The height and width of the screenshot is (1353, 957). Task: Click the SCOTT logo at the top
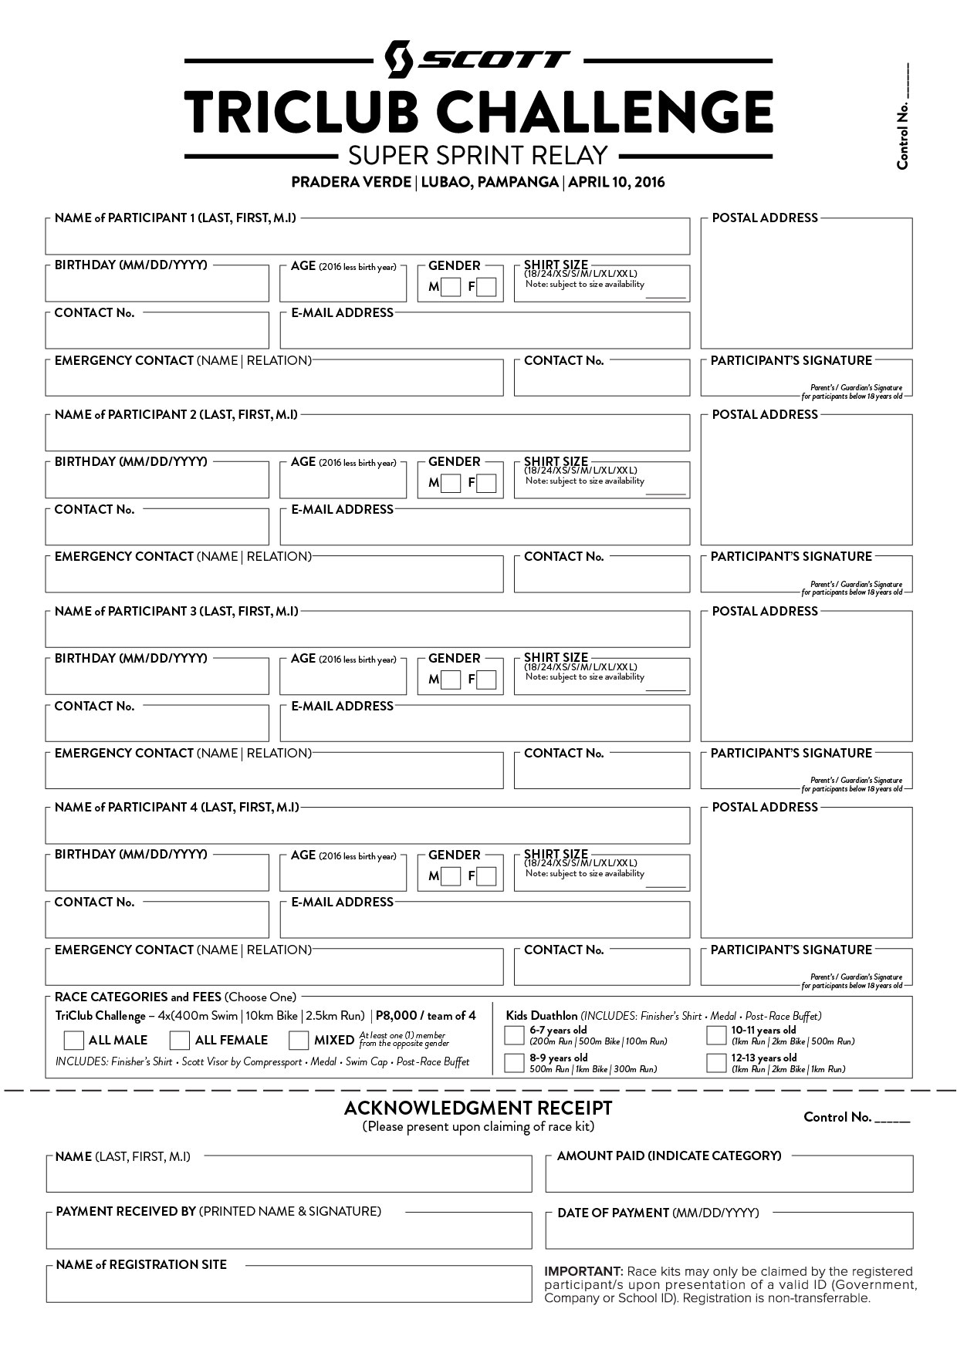tap(478, 59)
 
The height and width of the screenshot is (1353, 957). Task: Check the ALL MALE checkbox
tap(74, 1041)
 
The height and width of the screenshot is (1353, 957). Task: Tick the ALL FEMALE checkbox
tap(180, 1041)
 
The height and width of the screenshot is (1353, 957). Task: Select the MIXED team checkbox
tap(299, 1041)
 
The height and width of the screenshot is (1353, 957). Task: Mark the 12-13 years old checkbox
tap(716, 1063)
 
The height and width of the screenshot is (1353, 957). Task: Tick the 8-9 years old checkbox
tap(514, 1063)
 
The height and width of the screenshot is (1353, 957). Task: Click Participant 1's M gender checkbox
tap(451, 288)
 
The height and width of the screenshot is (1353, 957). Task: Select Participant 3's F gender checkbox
tap(486, 680)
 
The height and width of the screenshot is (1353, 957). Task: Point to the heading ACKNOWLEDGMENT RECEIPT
tap(478, 1108)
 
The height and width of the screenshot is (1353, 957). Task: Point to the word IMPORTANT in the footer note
tap(583, 1271)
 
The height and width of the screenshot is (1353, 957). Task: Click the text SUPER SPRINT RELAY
tap(478, 155)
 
